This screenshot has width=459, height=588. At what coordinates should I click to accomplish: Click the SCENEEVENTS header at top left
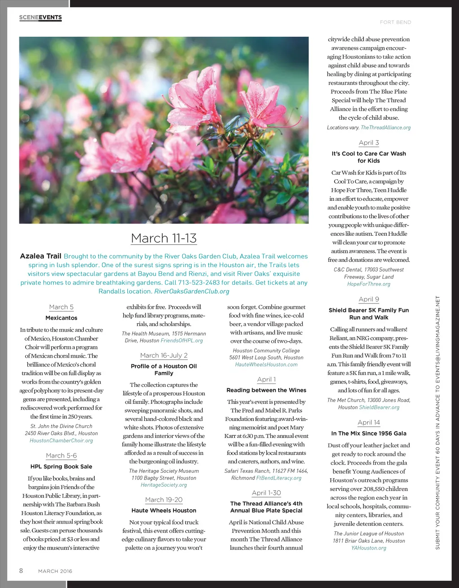[40, 17]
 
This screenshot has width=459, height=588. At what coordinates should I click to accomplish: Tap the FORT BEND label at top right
[395, 22]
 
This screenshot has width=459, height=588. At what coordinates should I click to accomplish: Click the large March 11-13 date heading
[164, 238]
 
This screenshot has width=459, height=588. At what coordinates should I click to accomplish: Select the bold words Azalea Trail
[40, 256]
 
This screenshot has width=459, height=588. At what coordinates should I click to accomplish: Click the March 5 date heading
[61, 307]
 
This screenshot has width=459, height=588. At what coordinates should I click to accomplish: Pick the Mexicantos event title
[61, 318]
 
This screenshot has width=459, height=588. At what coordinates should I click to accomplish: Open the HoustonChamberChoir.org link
[61, 441]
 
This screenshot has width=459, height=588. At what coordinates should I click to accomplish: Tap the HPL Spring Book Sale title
[61, 467]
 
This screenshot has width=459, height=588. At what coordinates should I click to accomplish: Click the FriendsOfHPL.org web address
[182, 341]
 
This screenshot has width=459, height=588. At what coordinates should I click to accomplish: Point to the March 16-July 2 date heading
[164, 355]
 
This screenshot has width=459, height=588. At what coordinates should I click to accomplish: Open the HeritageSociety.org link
[164, 485]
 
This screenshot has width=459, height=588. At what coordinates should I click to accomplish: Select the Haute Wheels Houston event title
[164, 510]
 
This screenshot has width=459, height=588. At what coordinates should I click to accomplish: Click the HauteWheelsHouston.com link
[266, 365]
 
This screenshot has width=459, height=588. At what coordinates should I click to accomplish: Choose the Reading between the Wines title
[266, 390]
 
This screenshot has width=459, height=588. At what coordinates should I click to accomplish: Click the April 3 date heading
[369, 143]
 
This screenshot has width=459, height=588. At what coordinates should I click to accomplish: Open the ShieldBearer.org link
[379, 407]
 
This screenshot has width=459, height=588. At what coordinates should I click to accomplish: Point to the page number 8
[21, 571]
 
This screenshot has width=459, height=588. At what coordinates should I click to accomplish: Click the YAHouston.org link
[368, 548]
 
